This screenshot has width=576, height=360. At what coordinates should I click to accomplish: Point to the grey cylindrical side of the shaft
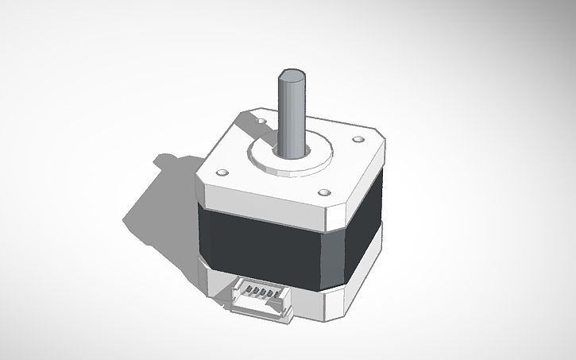293,119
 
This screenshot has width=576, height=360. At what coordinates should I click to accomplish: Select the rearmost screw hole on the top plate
263,120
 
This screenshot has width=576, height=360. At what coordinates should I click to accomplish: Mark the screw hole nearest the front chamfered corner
323,192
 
